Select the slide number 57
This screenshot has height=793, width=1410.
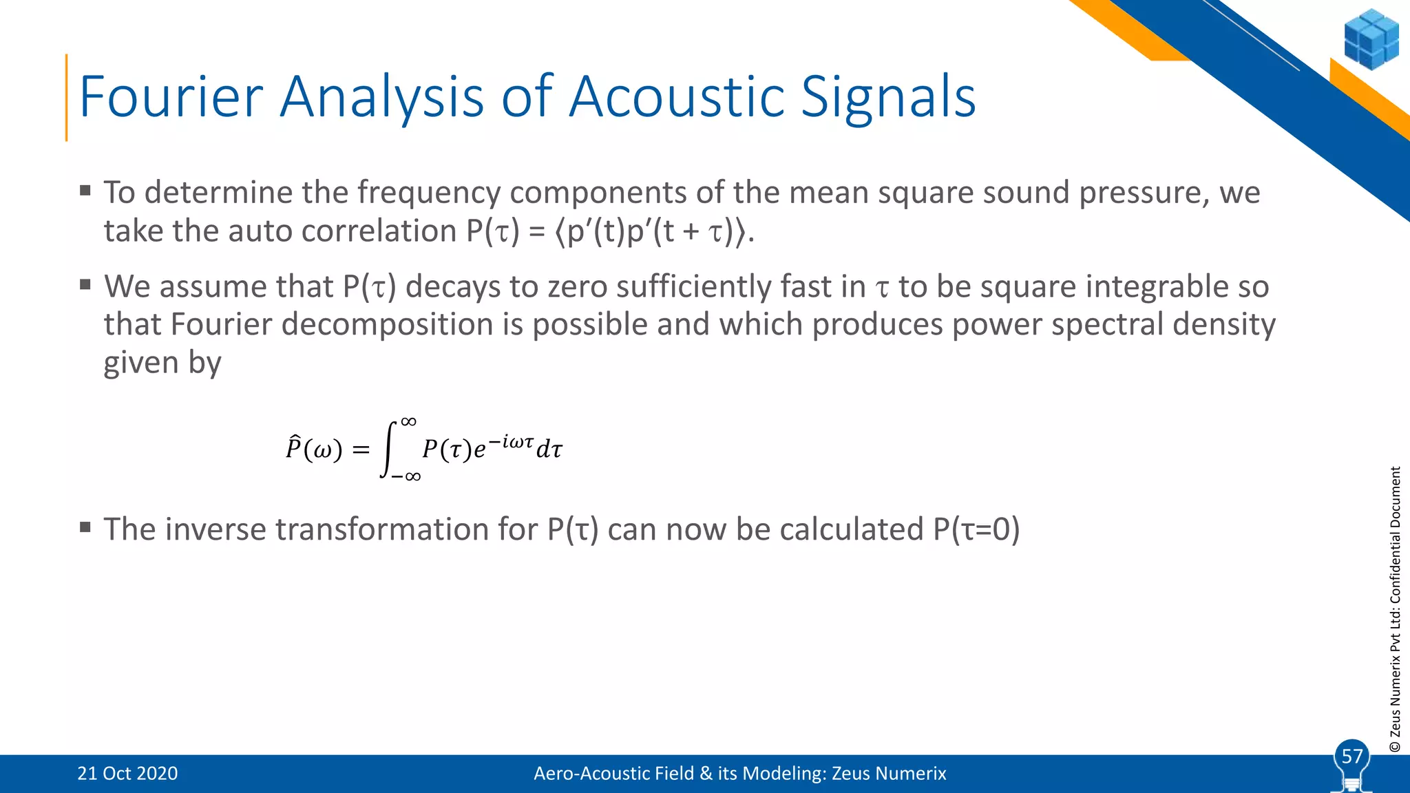(1352, 757)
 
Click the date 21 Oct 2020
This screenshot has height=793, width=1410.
(127, 773)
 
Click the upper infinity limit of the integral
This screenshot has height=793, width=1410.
(408, 421)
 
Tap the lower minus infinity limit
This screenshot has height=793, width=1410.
(406, 476)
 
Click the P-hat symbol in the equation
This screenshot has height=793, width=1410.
(294, 448)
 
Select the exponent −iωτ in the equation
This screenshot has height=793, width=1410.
(511, 441)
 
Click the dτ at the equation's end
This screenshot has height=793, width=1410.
(549, 450)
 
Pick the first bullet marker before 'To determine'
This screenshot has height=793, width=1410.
(85, 191)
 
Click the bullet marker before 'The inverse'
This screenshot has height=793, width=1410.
(85, 528)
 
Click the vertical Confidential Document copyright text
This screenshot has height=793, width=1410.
(1395, 609)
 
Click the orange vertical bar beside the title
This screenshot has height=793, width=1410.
(67, 97)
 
